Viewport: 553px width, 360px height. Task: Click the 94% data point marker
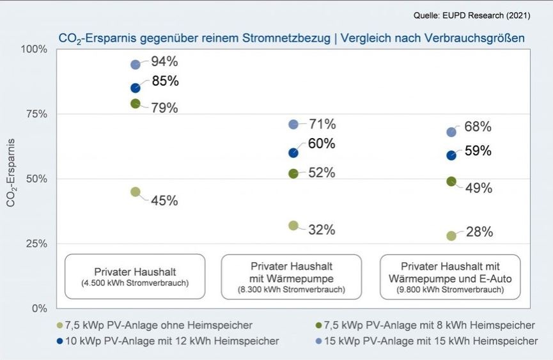click(136, 65)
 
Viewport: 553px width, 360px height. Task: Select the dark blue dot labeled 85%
click(136, 88)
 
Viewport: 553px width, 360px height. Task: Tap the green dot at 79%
click(136, 104)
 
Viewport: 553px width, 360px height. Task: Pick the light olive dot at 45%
click(136, 192)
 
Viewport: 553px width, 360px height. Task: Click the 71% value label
click(322, 124)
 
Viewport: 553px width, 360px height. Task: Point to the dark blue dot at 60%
click(293, 153)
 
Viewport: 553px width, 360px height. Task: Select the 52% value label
click(322, 173)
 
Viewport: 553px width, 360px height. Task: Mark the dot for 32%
click(293, 225)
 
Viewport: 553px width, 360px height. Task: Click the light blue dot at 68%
click(451, 132)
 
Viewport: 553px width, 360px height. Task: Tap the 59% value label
click(478, 151)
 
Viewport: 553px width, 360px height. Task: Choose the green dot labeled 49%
click(451, 182)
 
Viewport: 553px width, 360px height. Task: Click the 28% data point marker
click(451, 236)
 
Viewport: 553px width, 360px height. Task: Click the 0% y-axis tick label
click(39, 308)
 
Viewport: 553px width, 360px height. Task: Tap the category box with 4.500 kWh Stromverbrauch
click(135, 276)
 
